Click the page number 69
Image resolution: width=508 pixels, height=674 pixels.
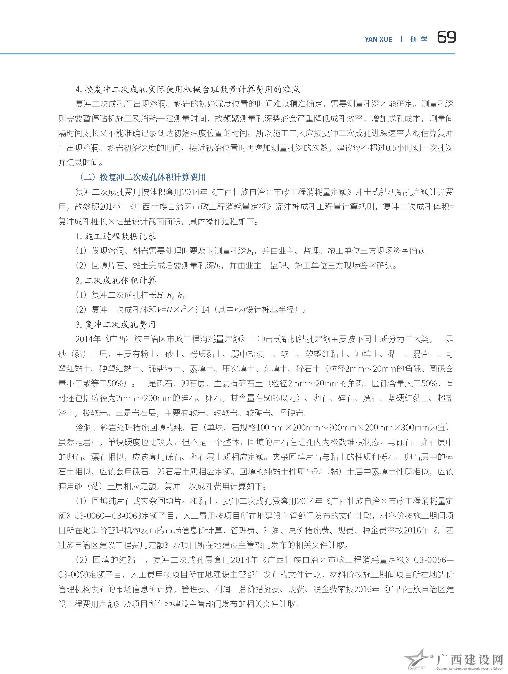click(x=446, y=38)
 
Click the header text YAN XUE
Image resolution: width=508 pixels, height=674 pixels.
click(x=378, y=39)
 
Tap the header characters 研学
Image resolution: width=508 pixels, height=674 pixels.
click(x=419, y=39)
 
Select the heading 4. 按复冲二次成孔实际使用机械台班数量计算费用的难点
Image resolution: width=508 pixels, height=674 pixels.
click(x=188, y=90)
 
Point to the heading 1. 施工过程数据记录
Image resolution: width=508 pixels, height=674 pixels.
click(x=116, y=236)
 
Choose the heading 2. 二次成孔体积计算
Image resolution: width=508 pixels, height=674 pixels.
click(x=116, y=280)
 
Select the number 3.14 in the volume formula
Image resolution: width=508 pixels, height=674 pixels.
click(x=202, y=310)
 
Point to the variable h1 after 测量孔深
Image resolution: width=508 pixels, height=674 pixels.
click(x=250, y=251)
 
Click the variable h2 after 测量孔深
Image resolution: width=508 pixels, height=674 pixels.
click(x=218, y=266)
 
